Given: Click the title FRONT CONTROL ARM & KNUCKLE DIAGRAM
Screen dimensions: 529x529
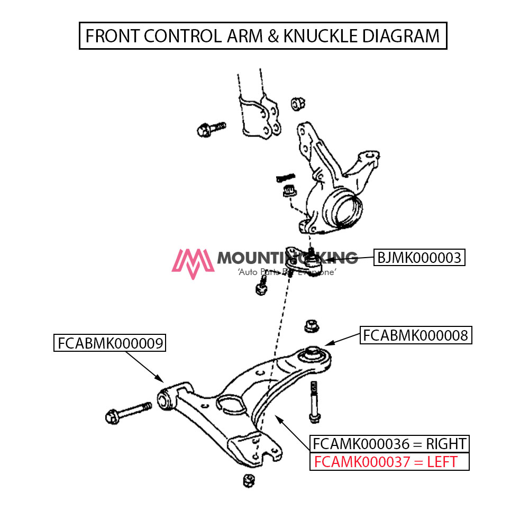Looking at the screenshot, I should coord(263,36).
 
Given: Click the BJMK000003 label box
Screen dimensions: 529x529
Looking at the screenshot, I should coord(419,258).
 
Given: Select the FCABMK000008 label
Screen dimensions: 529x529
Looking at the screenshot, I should coord(415,335).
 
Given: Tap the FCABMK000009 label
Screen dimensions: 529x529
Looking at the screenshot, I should coord(110,343).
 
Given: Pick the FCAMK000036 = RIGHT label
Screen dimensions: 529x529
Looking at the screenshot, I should coord(389,443).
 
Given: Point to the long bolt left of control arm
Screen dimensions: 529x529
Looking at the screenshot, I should coord(129,412).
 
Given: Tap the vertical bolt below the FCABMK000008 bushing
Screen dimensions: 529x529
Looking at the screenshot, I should coord(315,402).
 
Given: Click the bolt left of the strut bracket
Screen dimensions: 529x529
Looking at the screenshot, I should coord(210,129).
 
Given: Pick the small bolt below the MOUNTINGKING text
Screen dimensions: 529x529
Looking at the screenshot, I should coord(261,288).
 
